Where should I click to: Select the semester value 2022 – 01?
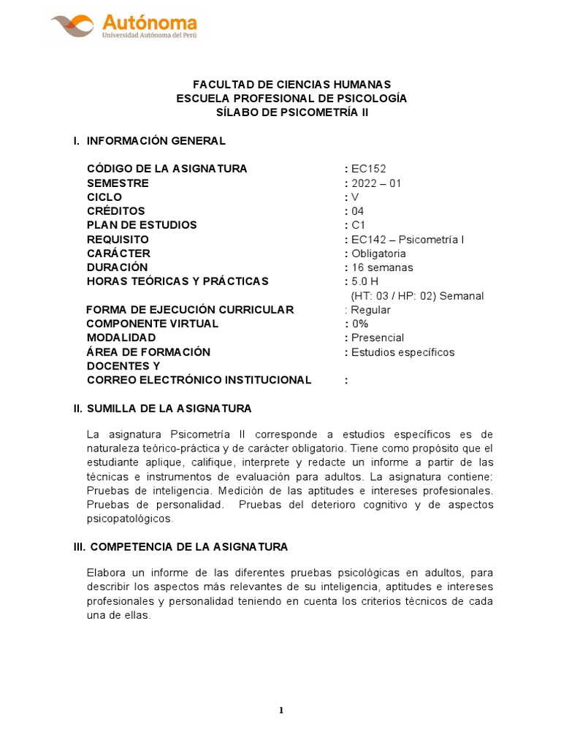coord(376,183)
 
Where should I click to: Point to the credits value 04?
coord(357,211)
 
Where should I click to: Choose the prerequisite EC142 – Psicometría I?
coord(407,240)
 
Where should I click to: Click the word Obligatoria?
coord(378,253)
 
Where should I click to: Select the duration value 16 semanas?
coord(383,267)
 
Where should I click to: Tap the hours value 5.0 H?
coord(365,281)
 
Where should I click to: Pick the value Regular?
coord(371,310)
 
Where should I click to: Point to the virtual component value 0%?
coord(360,324)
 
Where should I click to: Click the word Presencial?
coord(378,337)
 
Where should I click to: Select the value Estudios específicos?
coord(402,352)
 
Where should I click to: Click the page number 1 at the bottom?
coord(280,711)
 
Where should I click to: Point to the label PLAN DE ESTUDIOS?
coord(142,225)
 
